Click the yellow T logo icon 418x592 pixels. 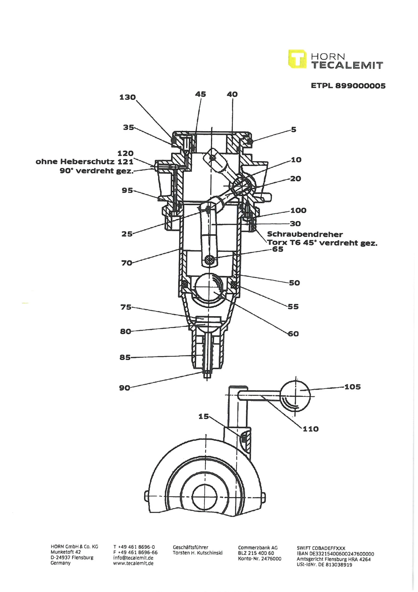click(297, 59)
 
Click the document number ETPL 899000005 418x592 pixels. click(348, 86)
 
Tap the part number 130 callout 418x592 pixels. click(127, 97)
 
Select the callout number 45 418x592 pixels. click(201, 94)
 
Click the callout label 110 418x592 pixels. click(311, 429)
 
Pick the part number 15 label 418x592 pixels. click(204, 417)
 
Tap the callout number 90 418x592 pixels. click(125, 388)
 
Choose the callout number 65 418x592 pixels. click(278, 249)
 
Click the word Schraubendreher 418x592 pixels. click(305, 234)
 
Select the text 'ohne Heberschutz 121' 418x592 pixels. click(84, 162)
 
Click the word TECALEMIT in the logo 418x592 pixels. click(348, 65)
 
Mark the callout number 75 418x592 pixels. click(126, 307)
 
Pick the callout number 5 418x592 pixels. click(294, 129)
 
